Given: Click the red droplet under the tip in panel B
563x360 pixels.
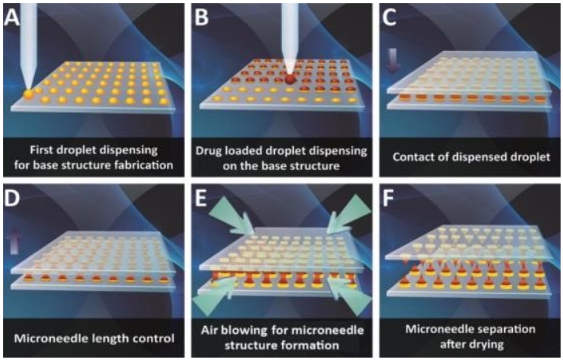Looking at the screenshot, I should coord(288,79).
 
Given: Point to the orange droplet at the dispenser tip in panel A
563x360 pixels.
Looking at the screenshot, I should coord(29,95).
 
